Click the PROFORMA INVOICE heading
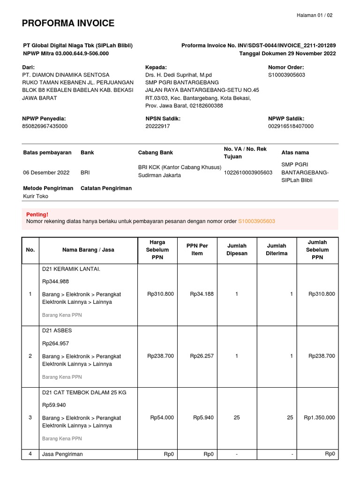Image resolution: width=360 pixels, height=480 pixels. click(68, 23)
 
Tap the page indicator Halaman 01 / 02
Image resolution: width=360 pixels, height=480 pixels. click(315, 15)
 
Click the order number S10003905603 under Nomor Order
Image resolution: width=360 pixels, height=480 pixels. click(286, 75)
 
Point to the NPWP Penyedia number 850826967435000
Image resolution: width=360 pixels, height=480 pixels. click(45, 127)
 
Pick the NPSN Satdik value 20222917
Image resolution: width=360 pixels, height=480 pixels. click(157, 127)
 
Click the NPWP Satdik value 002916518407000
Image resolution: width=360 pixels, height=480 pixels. click(291, 127)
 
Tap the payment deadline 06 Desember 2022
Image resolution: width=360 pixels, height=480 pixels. click(46, 172)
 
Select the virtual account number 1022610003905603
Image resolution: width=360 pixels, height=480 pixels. click(248, 172)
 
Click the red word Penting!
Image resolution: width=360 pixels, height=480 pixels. click(37, 214)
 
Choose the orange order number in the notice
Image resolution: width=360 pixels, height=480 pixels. click(256, 221)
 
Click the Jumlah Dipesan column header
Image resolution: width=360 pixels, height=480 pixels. click(237, 250)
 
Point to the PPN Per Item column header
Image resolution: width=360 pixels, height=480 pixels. click(197, 250)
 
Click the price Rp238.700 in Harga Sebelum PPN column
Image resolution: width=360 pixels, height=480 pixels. click(160, 356)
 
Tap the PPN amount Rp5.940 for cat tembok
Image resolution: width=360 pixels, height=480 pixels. click(203, 418)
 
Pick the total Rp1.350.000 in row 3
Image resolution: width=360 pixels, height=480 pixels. click(319, 418)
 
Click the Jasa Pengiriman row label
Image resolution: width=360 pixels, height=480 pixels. click(62, 454)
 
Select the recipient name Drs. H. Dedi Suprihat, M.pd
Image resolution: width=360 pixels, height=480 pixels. click(179, 75)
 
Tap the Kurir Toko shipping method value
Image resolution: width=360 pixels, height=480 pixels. click(36, 196)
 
